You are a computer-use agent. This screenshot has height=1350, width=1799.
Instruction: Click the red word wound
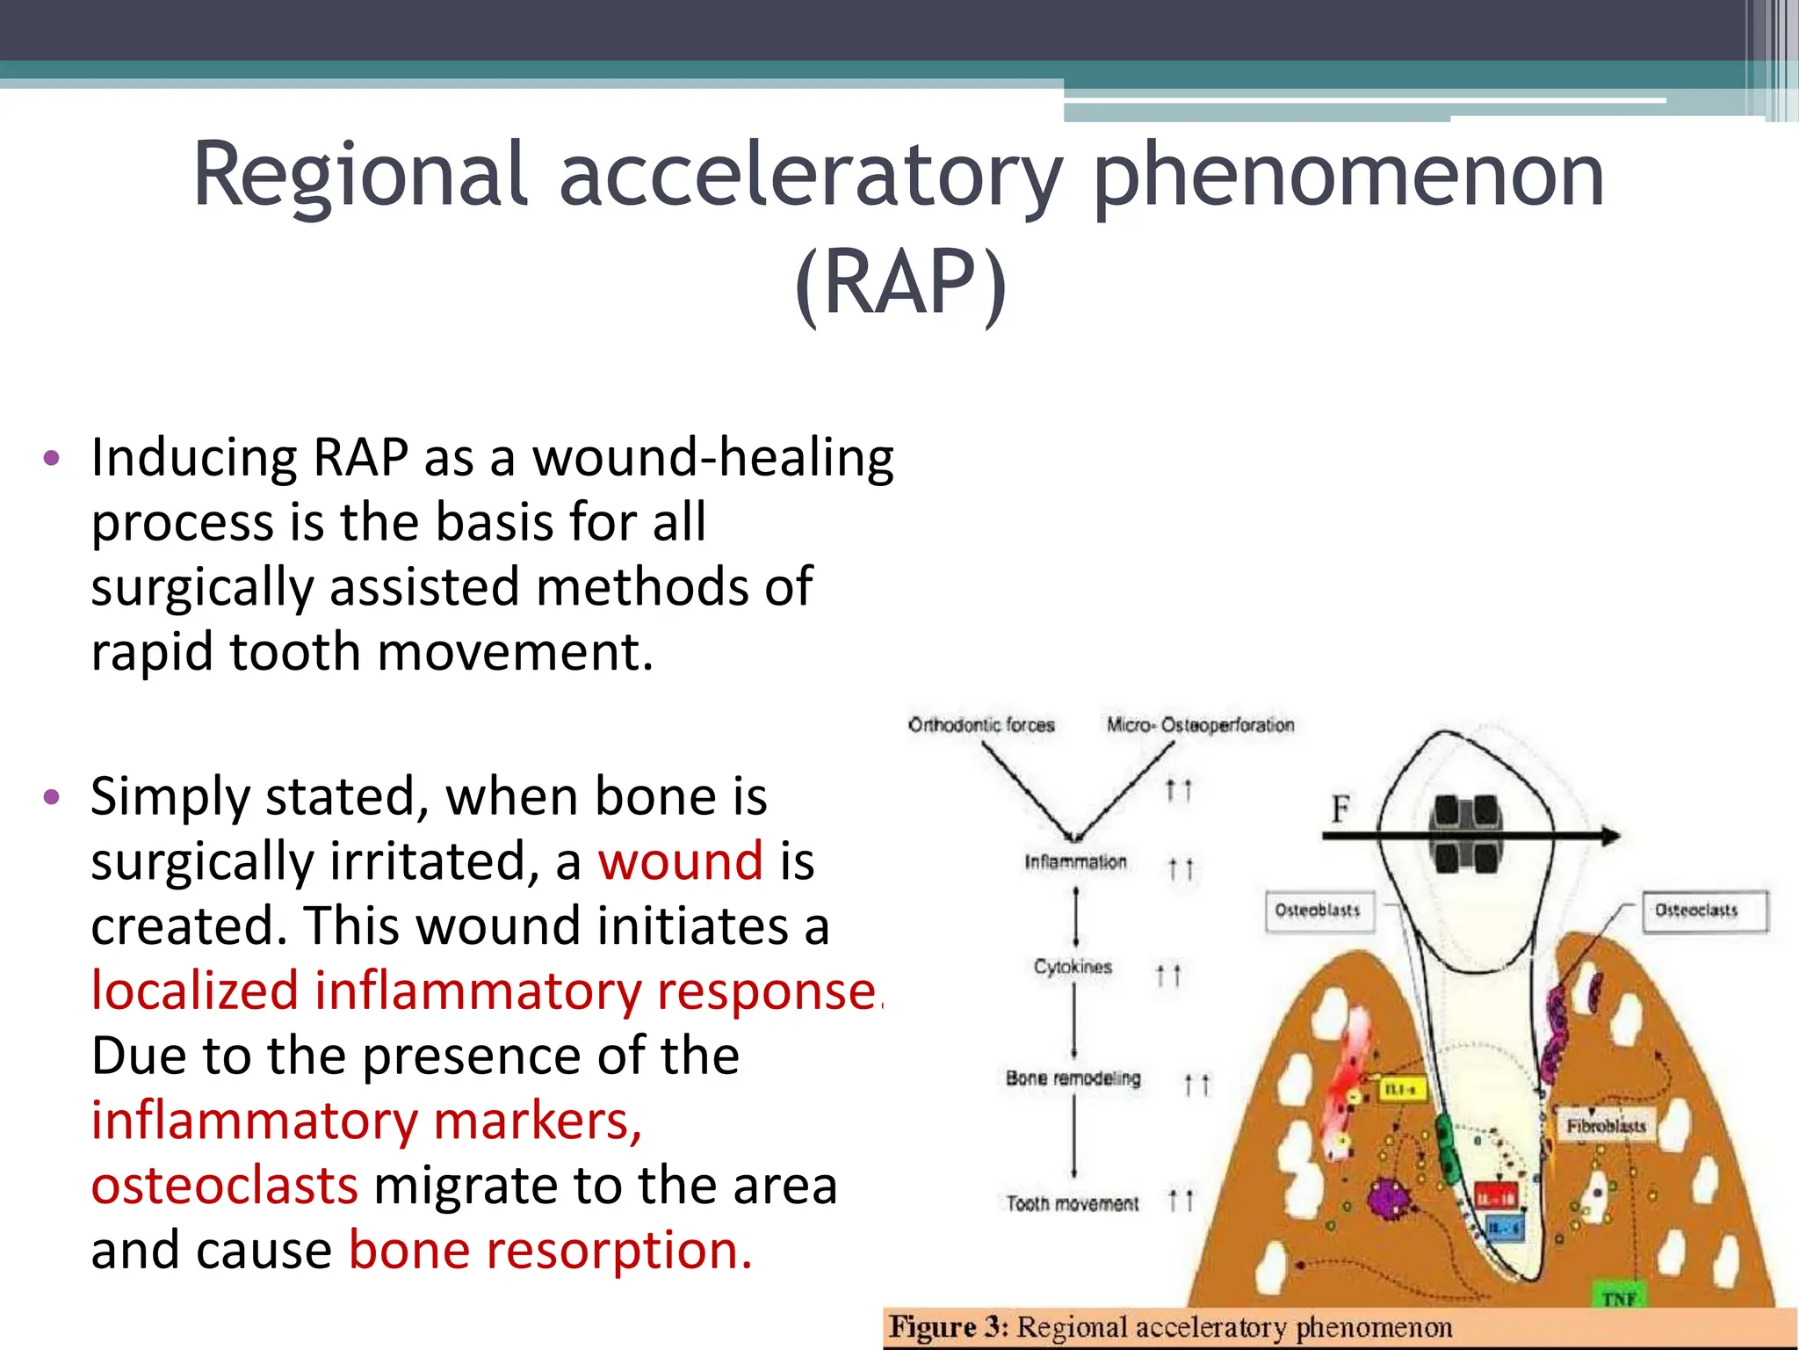pyautogui.click(x=680, y=860)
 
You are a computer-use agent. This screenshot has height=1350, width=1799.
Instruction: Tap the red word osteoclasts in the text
pyautogui.click(x=225, y=1185)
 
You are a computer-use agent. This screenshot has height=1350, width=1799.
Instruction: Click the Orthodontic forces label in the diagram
pyautogui.click(x=981, y=725)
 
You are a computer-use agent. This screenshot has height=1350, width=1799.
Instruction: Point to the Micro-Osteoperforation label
pyautogui.click(x=1200, y=725)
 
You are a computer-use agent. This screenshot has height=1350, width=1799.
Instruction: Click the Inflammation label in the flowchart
pyautogui.click(x=1075, y=862)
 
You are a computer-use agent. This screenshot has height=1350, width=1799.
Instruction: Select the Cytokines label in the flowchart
pyautogui.click(x=1073, y=967)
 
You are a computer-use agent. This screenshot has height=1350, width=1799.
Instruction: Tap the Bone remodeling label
pyautogui.click(x=1073, y=1078)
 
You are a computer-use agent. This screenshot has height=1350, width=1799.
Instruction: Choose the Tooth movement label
pyautogui.click(x=1072, y=1203)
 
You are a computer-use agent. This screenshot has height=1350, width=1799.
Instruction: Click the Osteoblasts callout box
pyautogui.click(x=1317, y=911)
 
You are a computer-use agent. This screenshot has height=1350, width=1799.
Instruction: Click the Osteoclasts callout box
pyautogui.click(x=1696, y=911)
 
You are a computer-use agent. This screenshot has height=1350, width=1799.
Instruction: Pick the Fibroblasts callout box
pyautogui.click(x=1606, y=1126)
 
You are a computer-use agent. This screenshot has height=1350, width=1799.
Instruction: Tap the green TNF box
pyautogui.click(x=1618, y=1298)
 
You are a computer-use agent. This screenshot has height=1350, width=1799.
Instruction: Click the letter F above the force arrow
pyautogui.click(x=1340, y=809)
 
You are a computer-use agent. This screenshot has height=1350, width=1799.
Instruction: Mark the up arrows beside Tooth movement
pyautogui.click(x=1181, y=1200)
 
